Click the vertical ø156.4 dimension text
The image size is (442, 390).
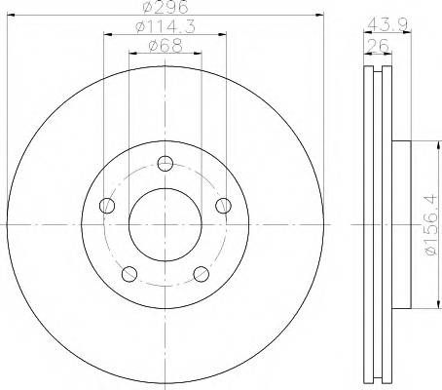pos(428,225)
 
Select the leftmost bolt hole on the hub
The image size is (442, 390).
pos(107,205)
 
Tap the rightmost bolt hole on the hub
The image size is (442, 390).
pos(224,205)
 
